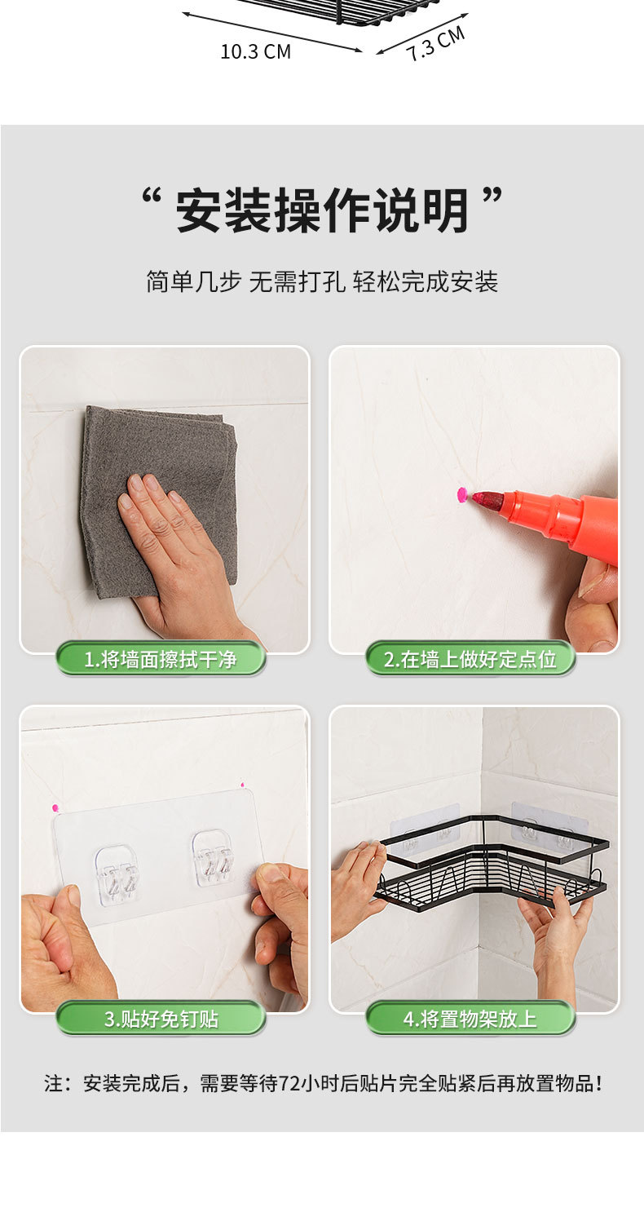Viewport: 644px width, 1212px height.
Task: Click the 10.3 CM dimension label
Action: point(256,52)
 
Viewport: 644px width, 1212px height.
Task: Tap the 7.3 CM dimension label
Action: point(436,43)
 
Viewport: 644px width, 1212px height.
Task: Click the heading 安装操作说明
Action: point(322,210)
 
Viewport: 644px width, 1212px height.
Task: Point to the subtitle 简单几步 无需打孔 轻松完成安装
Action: point(322,282)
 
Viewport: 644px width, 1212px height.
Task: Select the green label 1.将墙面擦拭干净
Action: point(161,659)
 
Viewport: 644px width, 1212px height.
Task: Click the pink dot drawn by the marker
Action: point(462,494)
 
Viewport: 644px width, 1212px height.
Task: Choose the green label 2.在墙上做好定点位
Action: point(470,659)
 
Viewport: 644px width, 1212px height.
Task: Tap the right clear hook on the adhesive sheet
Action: point(214,858)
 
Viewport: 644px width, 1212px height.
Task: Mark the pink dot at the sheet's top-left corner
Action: point(55,807)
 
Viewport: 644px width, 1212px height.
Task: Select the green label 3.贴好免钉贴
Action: point(161,1019)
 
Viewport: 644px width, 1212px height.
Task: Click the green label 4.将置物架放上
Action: point(470,1019)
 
